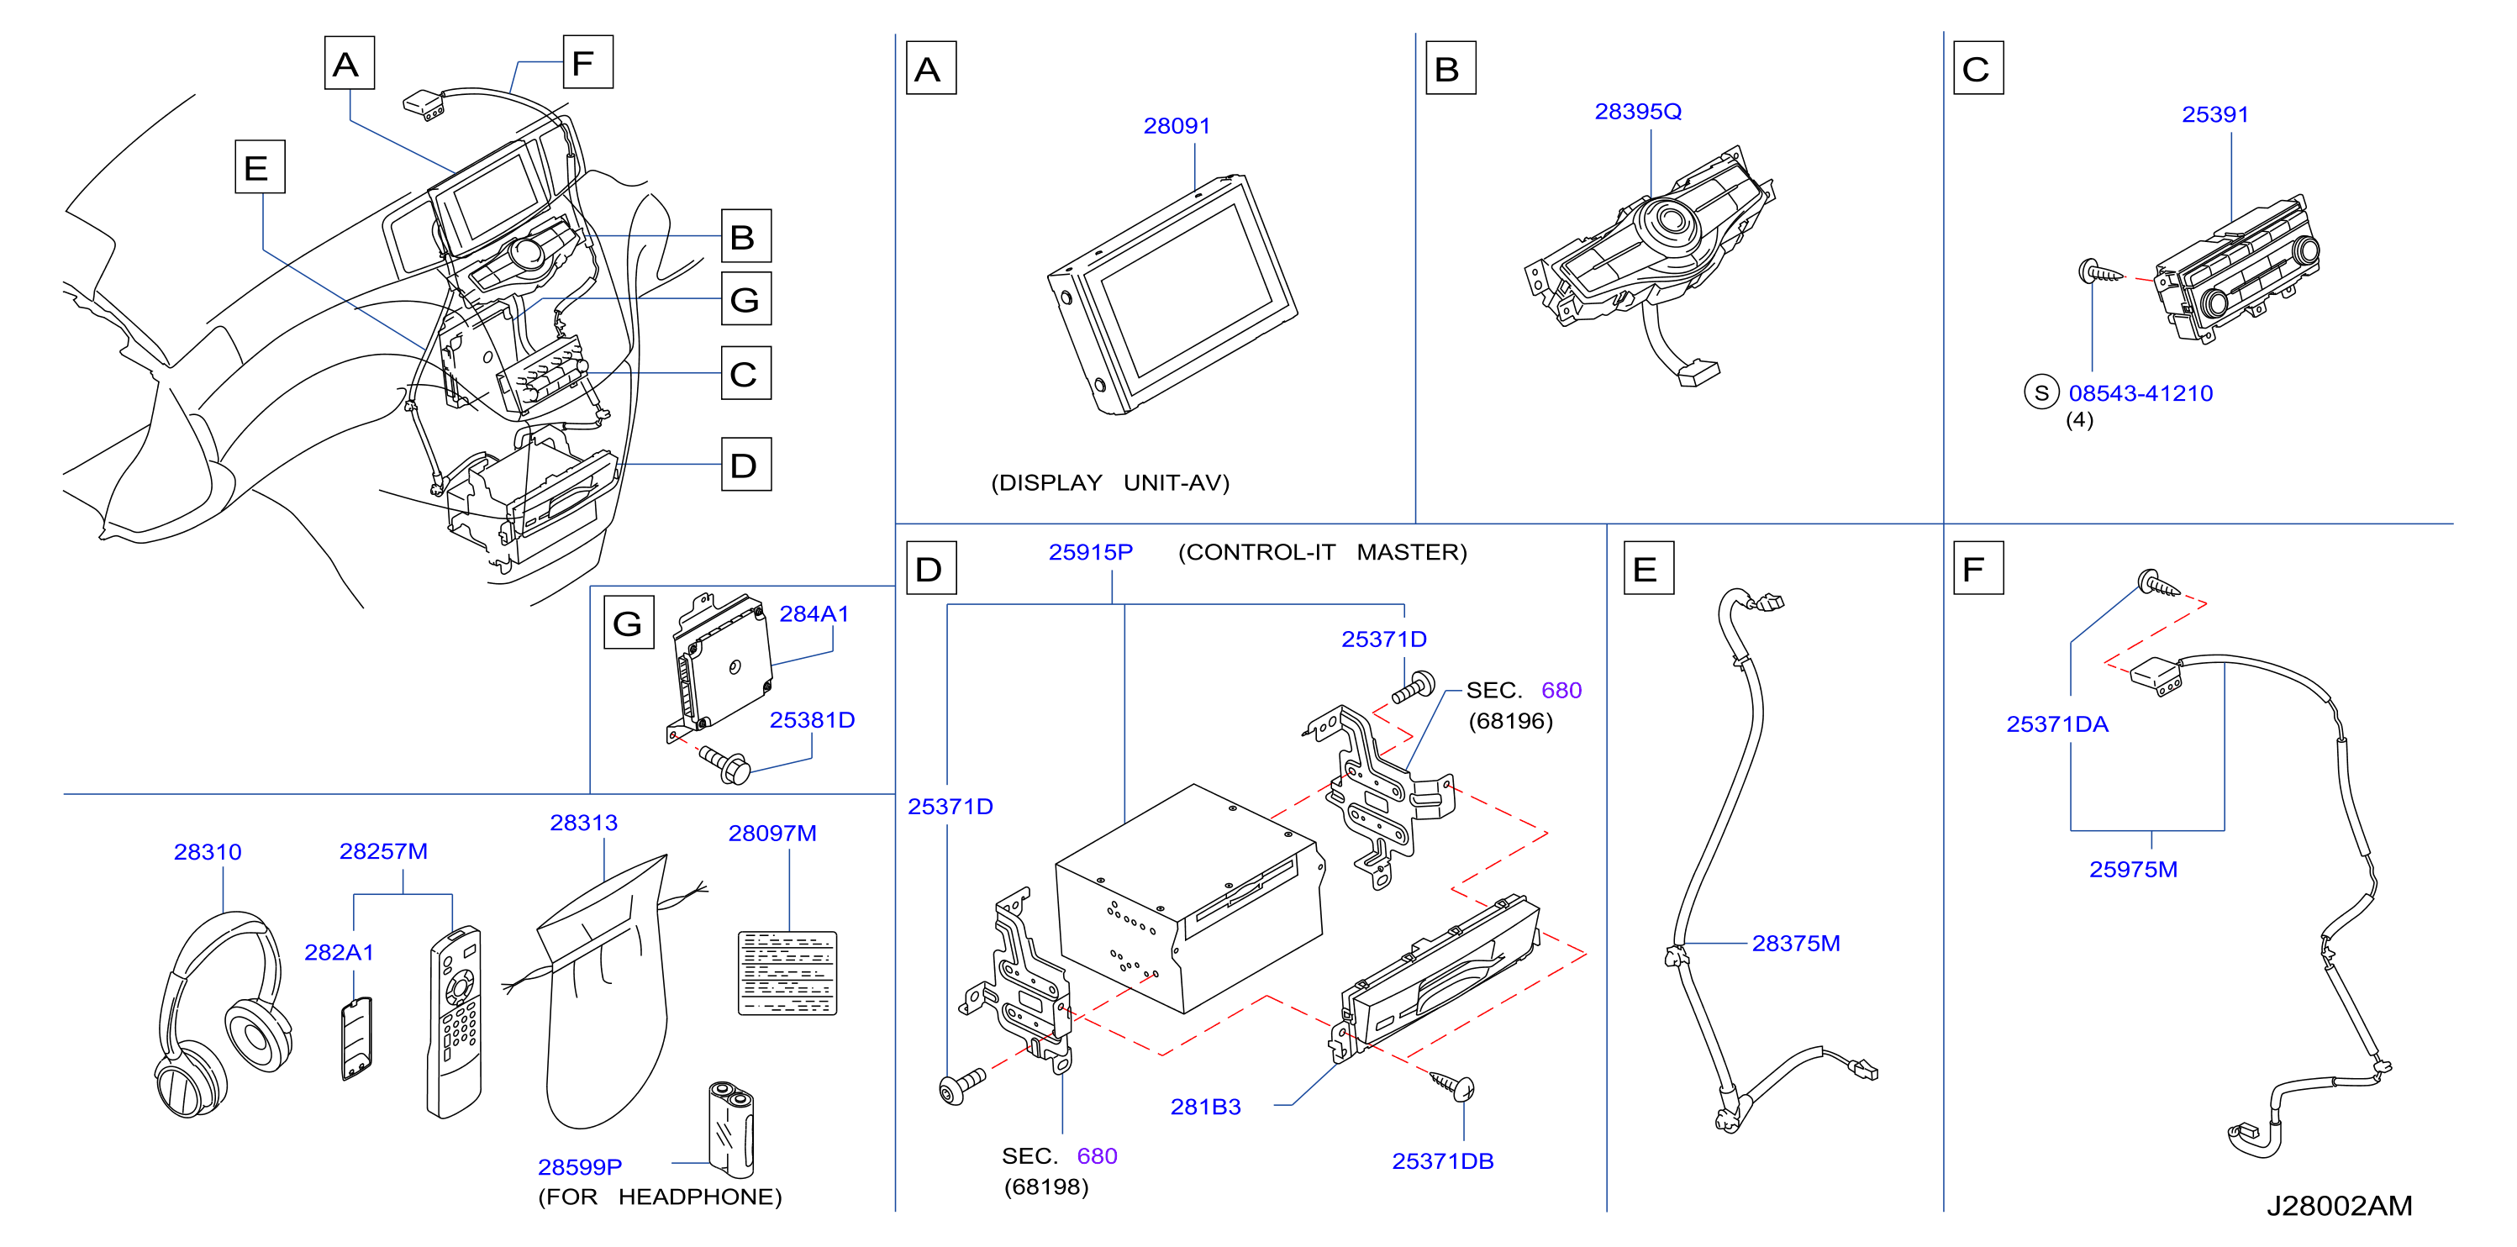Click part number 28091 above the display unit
coord(1177,126)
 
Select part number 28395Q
coord(1638,113)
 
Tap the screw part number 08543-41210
coord(2140,394)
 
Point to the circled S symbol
coord(2041,393)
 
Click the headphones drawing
coord(223,1014)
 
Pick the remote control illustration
coord(455,1021)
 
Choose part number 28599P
coord(579,1167)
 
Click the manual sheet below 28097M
coord(787,973)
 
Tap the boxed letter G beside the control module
coord(629,623)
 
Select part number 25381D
coord(812,720)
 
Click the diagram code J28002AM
coord(2339,1206)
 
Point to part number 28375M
coord(1796,944)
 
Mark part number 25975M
coord(2133,870)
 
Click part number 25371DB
coord(1442,1162)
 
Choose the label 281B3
coord(1206,1108)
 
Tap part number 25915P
coord(1091,552)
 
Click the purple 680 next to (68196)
coord(1561,691)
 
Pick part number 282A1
coord(339,953)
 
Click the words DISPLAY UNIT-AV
coord(1110,483)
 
